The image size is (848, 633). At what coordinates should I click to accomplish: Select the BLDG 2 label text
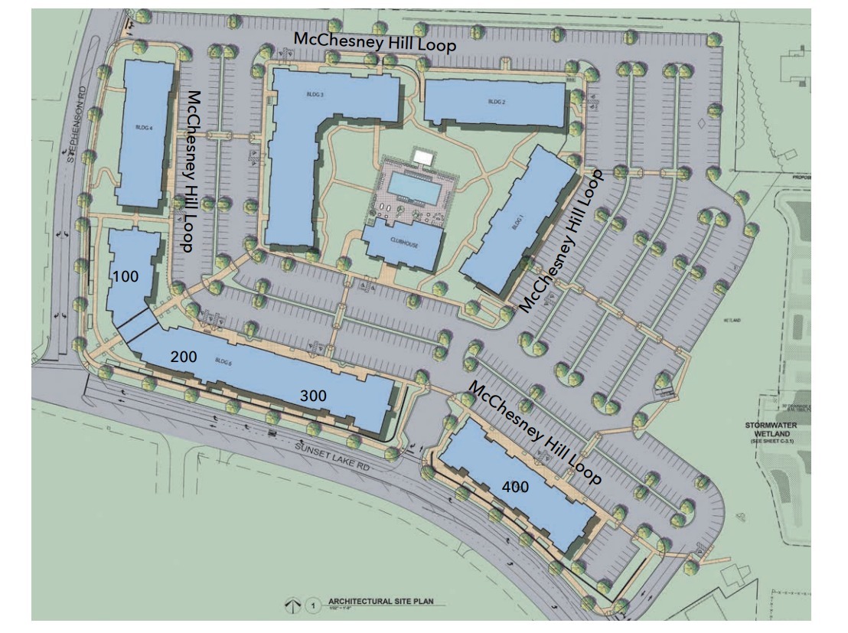[x=497, y=102]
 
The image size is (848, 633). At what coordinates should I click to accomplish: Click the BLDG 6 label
[x=223, y=361]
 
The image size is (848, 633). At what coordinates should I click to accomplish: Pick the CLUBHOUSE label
[x=403, y=237]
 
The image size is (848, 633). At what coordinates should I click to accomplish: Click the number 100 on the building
[x=126, y=276]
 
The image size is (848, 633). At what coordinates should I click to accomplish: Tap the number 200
[x=184, y=356]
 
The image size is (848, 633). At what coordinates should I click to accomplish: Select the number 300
[x=313, y=396]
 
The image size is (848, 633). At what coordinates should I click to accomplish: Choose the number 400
[x=517, y=486]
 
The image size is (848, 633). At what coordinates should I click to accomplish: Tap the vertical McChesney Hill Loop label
[x=192, y=172]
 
